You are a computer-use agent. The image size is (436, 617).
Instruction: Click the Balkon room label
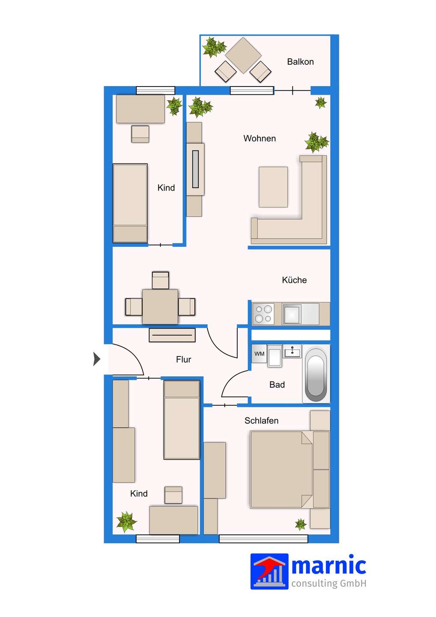pyautogui.click(x=300, y=62)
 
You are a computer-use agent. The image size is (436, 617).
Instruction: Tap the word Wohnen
pyautogui.click(x=260, y=138)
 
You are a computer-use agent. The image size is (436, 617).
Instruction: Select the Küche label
pyautogui.click(x=294, y=280)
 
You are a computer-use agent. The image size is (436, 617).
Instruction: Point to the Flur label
pyautogui.click(x=183, y=359)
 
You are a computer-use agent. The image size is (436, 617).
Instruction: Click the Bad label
pyautogui.click(x=277, y=384)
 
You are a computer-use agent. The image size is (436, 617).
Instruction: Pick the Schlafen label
pyautogui.click(x=261, y=421)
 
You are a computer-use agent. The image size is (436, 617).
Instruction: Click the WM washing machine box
pyautogui.click(x=259, y=353)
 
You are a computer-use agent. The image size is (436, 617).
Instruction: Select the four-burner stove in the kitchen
pyautogui.click(x=263, y=314)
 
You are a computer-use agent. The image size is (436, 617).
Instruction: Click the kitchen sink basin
pyautogui.click(x=292, y=314)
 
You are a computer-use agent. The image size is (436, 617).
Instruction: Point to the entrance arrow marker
pyautogui.click(x=97, y=359)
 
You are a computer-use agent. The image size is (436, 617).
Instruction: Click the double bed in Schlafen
pyautogui.click(x=281, y=469)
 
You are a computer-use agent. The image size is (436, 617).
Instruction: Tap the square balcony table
pyautogui.click(x=243, y=55)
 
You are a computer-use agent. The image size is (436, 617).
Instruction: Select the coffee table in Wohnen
pyautogui.click(x=273, y=187)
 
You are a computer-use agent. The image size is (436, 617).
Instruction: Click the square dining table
pyautogui.click(x=160, y=307)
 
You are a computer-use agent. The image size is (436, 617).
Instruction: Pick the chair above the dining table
pyautogui.click(x=161, y=280)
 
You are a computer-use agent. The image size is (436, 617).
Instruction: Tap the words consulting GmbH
pyautogui.click(x=328, y=584)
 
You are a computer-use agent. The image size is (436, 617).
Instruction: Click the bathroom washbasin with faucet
pyautogui.click(x=293, y=351)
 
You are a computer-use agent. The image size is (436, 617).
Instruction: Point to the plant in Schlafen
pyautogui.click(x=301, y=524)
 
